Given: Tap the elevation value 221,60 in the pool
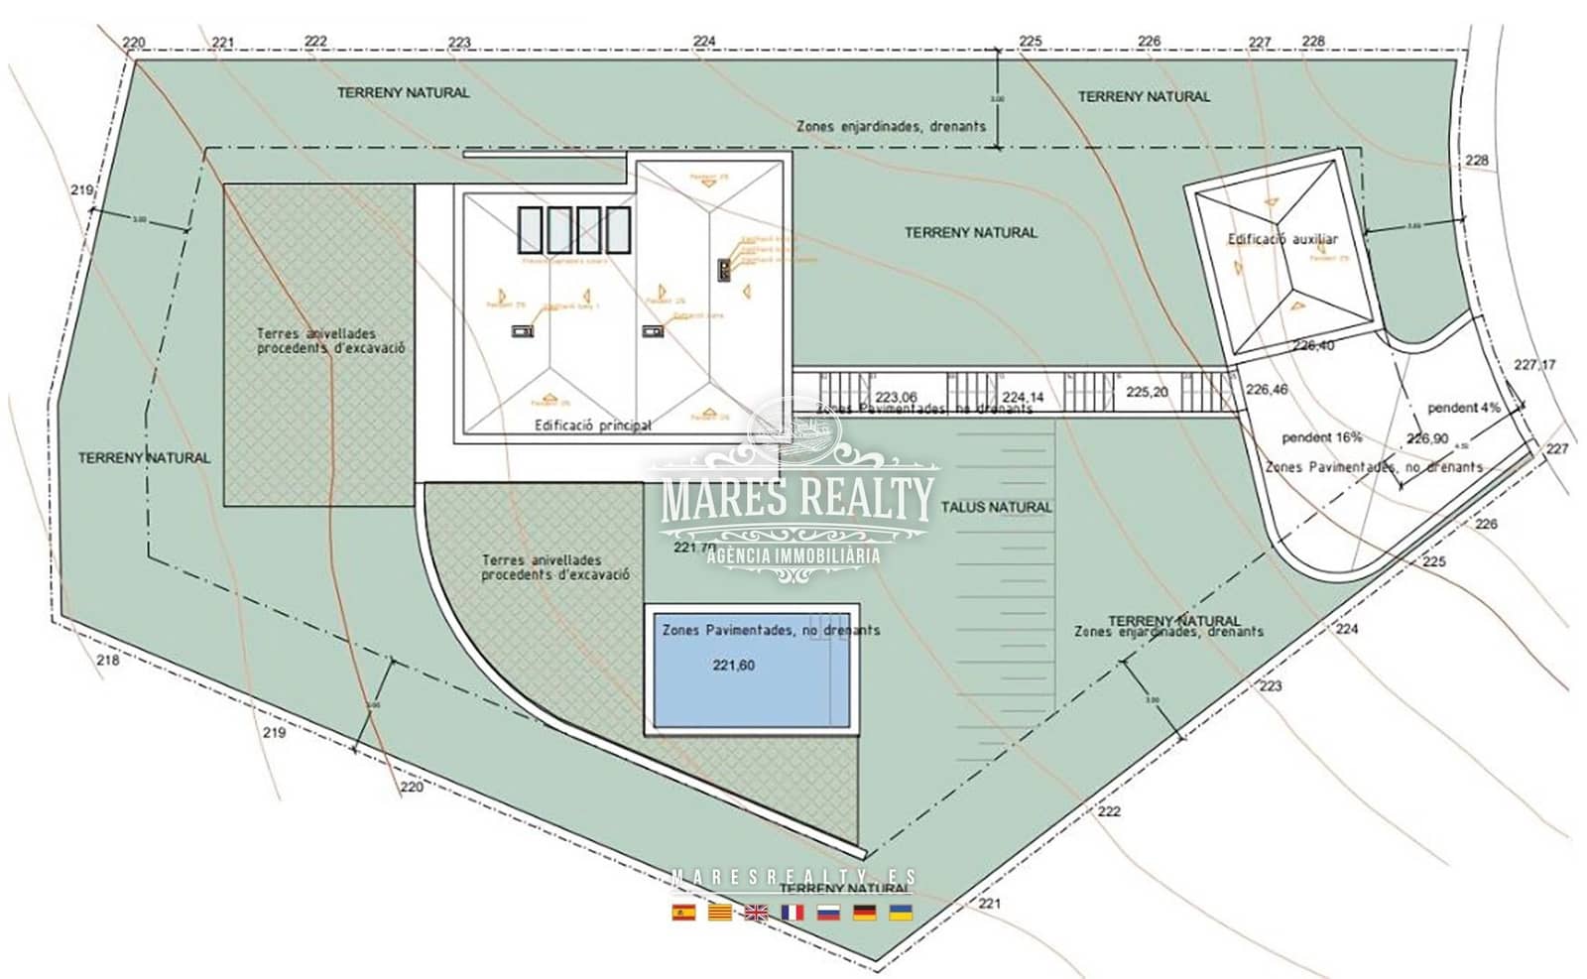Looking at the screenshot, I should tap(733, 666).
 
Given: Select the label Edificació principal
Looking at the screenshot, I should tap(592, 426).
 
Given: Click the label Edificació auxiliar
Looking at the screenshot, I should tap(1282, 239).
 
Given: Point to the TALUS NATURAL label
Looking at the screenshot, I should tap(996, 507).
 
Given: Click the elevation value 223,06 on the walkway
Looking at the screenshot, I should tap(895, 397).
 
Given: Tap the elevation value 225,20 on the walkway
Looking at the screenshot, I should tap(1147, 393).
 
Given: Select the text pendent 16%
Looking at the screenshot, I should tap(1321, 437).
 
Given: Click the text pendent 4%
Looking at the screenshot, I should tap(1463, 408).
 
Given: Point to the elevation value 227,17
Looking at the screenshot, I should tap(1534, 365).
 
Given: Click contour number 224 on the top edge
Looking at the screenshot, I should tap(704, 41).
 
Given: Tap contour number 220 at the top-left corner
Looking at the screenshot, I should tap(133, 43).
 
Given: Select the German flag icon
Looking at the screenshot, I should tap(864, 913).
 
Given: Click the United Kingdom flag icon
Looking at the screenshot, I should tap(756, 913).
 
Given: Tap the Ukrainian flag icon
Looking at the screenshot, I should tap(900, 913).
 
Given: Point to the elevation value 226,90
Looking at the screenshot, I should tap(1426, 438).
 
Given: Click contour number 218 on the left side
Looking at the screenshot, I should tap(107, 660).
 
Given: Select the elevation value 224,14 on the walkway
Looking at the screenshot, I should tap(1023, 397).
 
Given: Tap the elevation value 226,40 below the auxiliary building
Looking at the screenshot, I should tap(1313, 346).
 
